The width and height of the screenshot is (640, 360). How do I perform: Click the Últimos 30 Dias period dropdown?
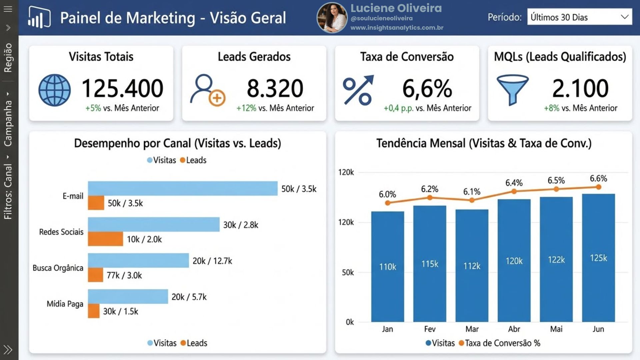579,17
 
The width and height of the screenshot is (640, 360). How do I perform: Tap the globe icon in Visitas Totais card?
55,90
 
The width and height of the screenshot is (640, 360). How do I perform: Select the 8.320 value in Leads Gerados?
275,88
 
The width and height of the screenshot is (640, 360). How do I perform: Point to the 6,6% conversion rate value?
427,89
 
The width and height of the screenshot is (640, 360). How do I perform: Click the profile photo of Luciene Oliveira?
332,18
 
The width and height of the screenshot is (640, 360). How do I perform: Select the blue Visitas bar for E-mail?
182,188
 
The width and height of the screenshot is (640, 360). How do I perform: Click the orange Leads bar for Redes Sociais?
105,239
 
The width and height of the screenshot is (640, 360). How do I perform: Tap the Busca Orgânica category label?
58,268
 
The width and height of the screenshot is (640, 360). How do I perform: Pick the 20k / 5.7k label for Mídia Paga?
189,297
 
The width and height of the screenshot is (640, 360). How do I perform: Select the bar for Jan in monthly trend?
387,266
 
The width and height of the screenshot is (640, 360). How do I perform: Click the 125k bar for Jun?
598,258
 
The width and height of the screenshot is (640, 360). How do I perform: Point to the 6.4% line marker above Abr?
514,191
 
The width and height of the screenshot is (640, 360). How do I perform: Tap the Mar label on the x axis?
472,329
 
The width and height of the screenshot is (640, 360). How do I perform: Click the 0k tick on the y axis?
350,322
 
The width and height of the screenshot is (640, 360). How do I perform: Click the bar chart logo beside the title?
39,18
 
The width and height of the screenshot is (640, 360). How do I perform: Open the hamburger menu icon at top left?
8,9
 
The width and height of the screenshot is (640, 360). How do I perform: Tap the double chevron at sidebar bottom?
8,350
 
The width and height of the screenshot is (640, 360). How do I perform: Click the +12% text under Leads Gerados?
246,108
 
